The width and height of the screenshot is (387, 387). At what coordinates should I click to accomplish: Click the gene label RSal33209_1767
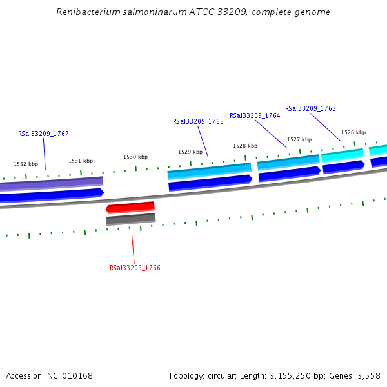tap(43, 134)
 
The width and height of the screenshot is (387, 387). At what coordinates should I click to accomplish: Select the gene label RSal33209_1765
tap(198, 121)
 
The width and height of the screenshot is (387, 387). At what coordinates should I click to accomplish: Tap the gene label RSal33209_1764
tap(255, 115)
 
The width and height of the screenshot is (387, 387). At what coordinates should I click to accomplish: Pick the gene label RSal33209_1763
tap(310, 108)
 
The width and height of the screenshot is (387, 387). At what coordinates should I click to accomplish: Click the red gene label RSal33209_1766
tap(135, 268)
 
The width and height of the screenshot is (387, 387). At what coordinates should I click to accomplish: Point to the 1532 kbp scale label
tap(26, 164)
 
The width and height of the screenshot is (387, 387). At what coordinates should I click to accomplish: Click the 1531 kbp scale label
tap(81, 161)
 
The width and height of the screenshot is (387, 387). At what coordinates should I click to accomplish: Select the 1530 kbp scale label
tap(135, 157)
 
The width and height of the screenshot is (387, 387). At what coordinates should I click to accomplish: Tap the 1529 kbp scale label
tap(190, 152)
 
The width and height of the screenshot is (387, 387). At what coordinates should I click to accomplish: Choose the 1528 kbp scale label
tap(245, 146)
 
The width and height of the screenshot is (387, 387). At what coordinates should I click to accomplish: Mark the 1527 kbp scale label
tap(299, 139)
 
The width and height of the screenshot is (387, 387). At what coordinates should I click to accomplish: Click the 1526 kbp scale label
tap(353, 132)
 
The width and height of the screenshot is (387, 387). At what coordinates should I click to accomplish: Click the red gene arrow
tap(130, 207)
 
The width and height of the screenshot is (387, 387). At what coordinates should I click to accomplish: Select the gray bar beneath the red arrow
tap(130, 219)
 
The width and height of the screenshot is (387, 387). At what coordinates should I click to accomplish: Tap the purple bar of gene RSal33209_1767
tap(52, 183)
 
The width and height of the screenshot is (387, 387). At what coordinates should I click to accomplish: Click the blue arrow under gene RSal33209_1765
tap(210, 183)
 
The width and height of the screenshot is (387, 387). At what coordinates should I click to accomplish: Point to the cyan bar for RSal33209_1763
tap(342, 154)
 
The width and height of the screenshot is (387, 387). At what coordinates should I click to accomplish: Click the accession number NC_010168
tap(71, 375)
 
